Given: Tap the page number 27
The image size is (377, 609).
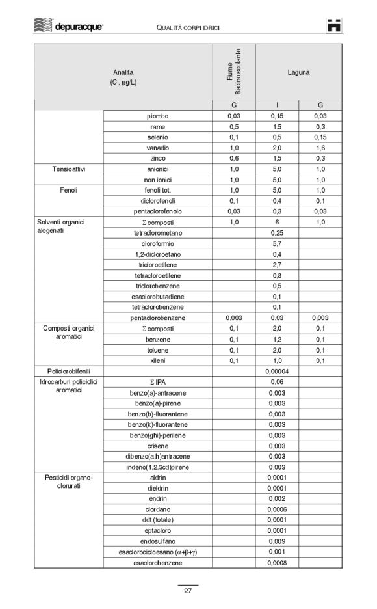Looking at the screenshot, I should tap(188, 591).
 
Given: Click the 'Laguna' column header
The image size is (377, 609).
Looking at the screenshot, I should tap(298, 72).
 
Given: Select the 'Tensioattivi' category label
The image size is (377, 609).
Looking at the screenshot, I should tap(69, 169).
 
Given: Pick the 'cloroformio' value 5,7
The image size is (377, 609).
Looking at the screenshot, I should tap(277, 243).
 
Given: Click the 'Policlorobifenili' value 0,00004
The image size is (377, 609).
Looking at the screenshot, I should tap(277, 371).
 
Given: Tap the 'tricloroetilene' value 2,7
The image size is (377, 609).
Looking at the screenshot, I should tap(277, 264).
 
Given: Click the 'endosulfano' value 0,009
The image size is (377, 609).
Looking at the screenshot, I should tap(277, 541).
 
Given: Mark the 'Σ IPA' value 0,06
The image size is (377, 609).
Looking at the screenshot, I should tap(277, 381).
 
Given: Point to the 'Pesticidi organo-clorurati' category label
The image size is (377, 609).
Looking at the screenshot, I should tap(69, 482).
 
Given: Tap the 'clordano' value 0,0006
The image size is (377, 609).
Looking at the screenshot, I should tap(277, 509).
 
